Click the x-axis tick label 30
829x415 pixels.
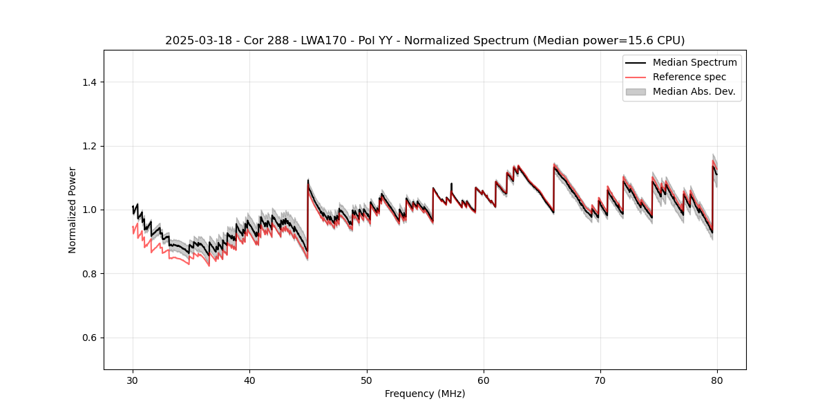tap(133, 380)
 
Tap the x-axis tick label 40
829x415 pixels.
tap(249, 380)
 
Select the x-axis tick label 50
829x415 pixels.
tap(366, 380)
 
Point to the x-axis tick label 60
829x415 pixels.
tap(484, 380)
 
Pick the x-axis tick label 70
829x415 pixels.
tap(600, 380)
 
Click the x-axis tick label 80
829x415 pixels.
tap(717, 380)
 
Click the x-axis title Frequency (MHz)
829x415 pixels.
tap(425, 394)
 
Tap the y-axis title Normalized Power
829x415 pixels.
tap(73, 210)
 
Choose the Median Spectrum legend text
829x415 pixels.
tap(694, 62)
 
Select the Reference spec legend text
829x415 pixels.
tap(689, 77)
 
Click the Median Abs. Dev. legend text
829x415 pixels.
tap(694, 91)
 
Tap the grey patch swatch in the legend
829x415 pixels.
tap(636, 91)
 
